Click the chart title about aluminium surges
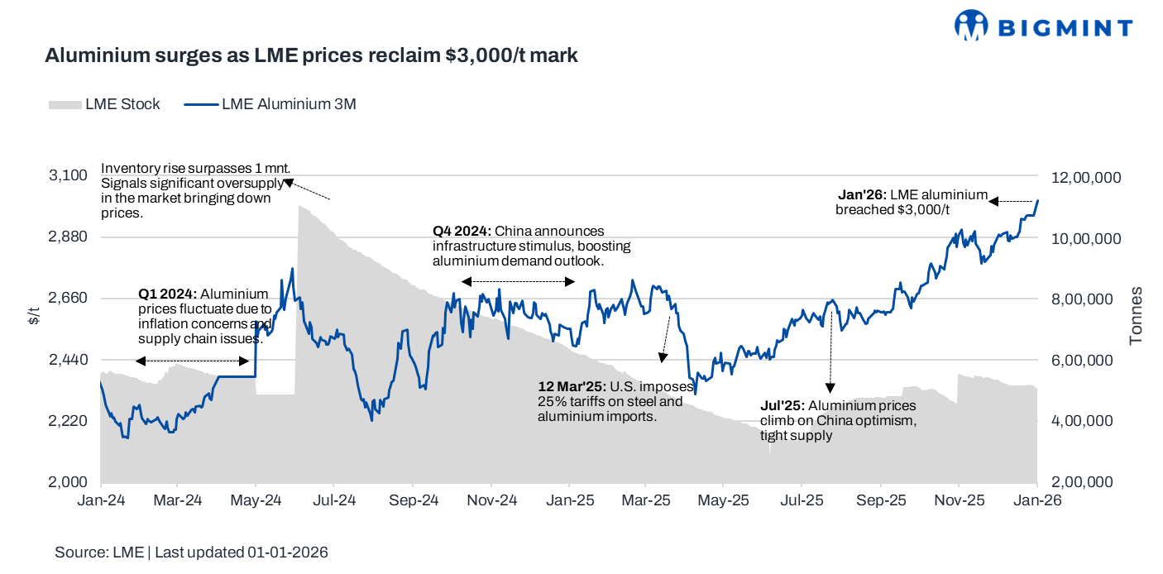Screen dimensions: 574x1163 point(311,56)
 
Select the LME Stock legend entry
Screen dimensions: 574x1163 point(104,104)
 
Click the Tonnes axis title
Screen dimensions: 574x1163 point(1137,316)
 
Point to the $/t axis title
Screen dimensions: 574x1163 point(33,315)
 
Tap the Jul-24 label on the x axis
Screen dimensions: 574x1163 point(333,500)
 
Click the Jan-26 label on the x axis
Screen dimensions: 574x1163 point(1037,500)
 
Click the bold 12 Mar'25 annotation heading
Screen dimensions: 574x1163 point(571,386)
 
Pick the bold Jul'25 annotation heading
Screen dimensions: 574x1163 point(782,405)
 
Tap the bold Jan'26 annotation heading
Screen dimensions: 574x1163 point(862,194)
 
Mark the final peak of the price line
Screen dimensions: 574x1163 point(1037,200)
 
